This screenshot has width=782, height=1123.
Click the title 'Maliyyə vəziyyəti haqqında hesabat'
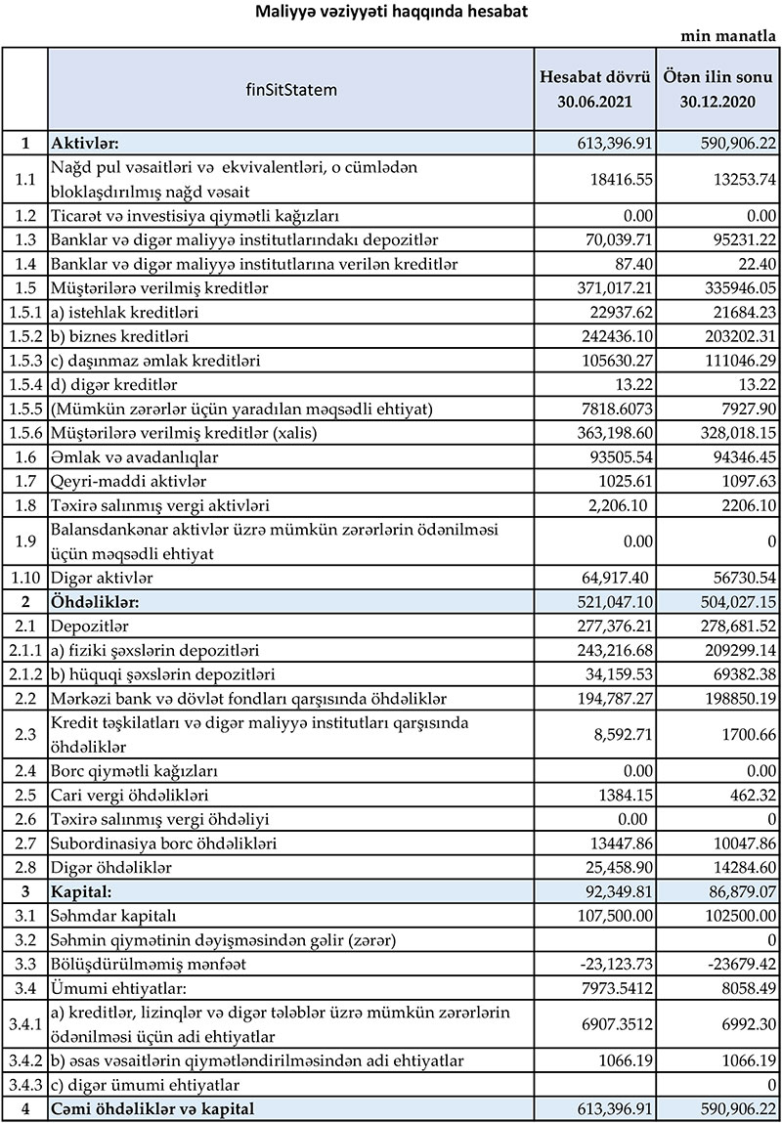[391, 12]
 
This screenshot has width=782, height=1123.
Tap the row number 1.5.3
[24, 361]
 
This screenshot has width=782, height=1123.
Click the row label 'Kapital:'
[82, 891]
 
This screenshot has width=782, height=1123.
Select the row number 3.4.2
[24, 1060]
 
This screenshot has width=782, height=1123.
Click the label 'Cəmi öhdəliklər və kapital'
[156, 1108]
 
